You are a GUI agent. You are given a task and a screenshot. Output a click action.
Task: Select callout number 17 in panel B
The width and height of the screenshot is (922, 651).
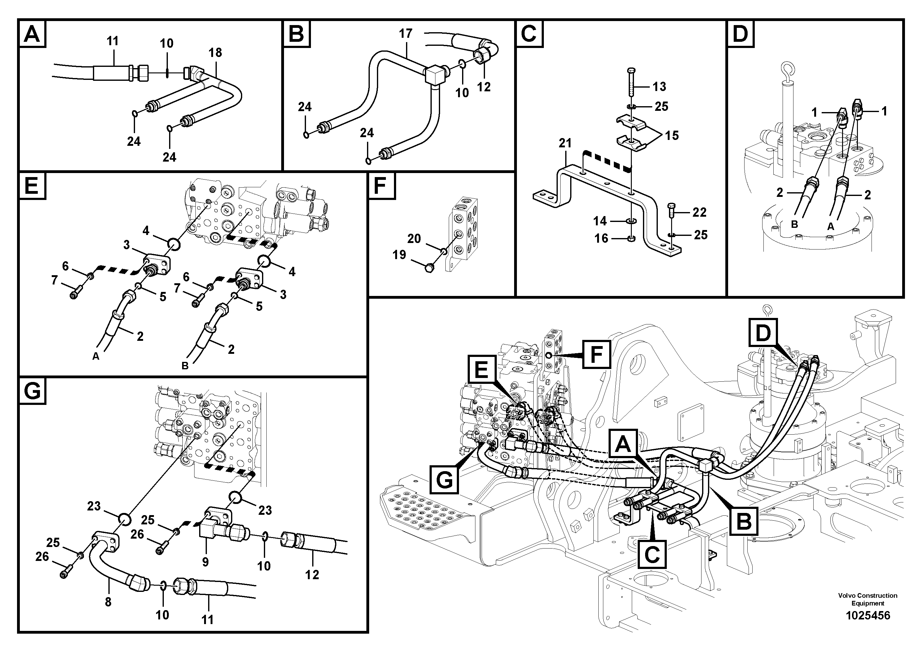(406, 33)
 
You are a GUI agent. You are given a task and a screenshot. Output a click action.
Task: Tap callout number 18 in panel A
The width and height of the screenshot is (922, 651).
(215, 53)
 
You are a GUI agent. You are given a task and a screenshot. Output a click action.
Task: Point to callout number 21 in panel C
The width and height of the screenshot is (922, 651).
(565, 143)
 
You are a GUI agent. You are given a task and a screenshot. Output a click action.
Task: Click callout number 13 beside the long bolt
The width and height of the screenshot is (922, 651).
(659, 86)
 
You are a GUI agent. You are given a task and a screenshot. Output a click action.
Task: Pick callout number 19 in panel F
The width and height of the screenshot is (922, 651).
(399, 254)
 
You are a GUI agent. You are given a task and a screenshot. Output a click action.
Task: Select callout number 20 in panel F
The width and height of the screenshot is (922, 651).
(414, 238)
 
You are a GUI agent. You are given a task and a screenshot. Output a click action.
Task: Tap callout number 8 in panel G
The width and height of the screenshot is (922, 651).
(108, 602)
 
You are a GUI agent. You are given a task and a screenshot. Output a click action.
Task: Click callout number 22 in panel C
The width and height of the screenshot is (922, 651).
(699, 212)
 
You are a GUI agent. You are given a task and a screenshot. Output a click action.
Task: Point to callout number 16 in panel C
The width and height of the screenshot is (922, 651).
(601, 238)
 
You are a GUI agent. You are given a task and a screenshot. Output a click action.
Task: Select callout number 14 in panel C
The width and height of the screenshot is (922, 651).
(600, 221)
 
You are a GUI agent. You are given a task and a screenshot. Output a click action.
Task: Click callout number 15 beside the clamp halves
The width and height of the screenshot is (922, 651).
(671, 135)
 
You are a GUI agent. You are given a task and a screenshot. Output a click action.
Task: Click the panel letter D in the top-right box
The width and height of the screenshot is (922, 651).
(741, 34)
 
